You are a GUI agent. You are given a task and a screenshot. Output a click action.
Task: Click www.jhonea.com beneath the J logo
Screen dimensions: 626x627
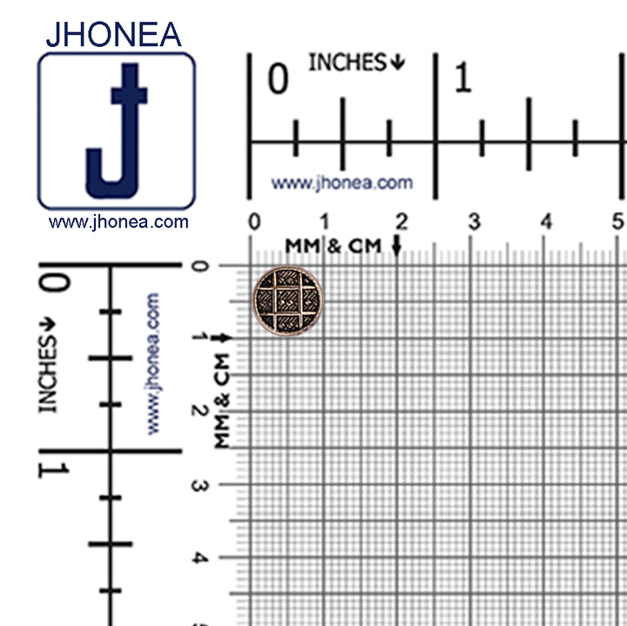point(118,222)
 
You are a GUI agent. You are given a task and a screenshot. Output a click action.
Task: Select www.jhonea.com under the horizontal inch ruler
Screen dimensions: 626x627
point(341,184)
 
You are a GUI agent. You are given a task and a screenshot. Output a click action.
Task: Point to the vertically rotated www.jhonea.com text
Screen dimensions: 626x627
point(154,364)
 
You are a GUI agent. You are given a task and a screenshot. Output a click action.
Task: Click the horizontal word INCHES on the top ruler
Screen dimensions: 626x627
point(347,63)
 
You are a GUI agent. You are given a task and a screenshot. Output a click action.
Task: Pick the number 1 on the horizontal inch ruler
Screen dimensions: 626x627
point(463,80)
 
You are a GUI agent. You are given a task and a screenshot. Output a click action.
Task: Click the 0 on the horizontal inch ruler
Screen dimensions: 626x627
point(277,80)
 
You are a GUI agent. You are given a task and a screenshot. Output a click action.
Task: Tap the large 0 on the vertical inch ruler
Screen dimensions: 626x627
point(54,284)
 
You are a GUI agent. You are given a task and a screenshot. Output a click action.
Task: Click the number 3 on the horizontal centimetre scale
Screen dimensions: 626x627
point(474,221)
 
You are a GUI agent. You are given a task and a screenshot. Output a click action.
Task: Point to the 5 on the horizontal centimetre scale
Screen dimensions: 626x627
point(618,221)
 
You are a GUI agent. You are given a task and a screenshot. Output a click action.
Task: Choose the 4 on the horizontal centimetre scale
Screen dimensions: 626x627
point(546,221)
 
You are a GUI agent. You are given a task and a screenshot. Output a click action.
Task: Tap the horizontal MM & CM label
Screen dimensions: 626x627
point(335,246)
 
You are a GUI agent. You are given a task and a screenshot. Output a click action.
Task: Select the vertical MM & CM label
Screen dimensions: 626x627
point(222,401)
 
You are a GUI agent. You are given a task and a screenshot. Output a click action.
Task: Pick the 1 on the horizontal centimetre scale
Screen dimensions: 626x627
point(325,221)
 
